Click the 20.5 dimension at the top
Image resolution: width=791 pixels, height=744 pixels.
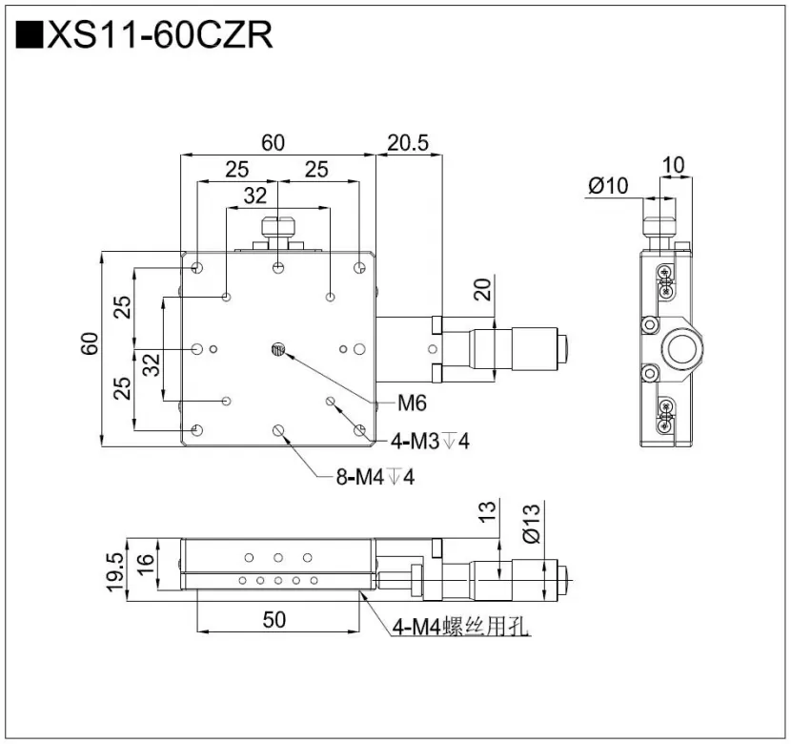coord(408,143)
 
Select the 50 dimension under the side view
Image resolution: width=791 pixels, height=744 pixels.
coord(274,620)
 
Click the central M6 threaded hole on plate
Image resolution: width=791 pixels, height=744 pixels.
coord(277,350)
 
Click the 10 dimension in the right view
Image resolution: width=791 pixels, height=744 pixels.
coord(673,164)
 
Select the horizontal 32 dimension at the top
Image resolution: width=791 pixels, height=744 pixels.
coord(255,196)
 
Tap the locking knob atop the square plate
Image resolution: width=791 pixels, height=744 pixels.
coord(277,229)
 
